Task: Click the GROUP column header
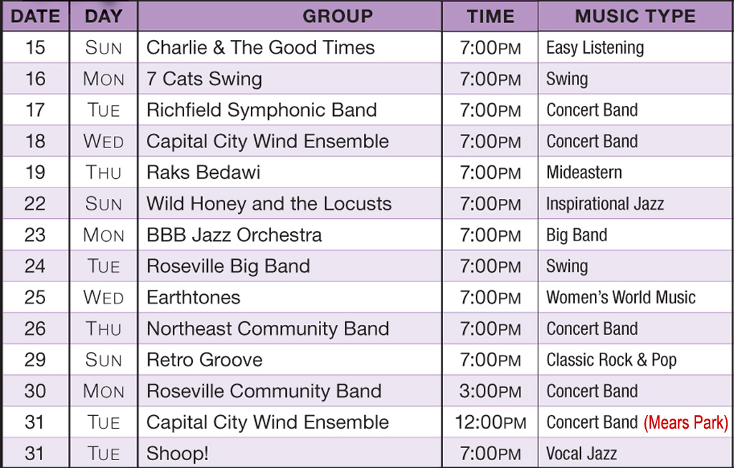click(x=338, y=16)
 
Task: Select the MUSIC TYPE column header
click(x=635, y=16)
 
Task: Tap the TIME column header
click(x=490, y=16)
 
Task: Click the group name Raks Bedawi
click(x=203, y=172)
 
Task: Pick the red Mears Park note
click(x=686, y=423)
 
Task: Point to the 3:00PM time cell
click(x=490, y=391)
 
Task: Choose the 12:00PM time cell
click(x=490, y=422)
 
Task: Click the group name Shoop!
click(x=178, y=454)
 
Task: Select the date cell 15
click(x=35, y=47)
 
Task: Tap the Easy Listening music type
click(x=595, y=48)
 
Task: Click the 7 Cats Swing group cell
click(x=204, y=79)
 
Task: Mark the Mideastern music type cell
click(x=584, y=172)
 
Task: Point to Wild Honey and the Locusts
click(x=269, y=204)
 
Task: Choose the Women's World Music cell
click(x=621, y=298)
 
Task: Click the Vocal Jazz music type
click(x=581, y=454)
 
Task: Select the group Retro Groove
click(x=204, y=360)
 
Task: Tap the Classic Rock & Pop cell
click(x=611, y=360)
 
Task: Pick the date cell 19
click(x=35, y=172)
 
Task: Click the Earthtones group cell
click(x=194, y=298)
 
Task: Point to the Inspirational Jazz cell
click(x=605, y=204)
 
